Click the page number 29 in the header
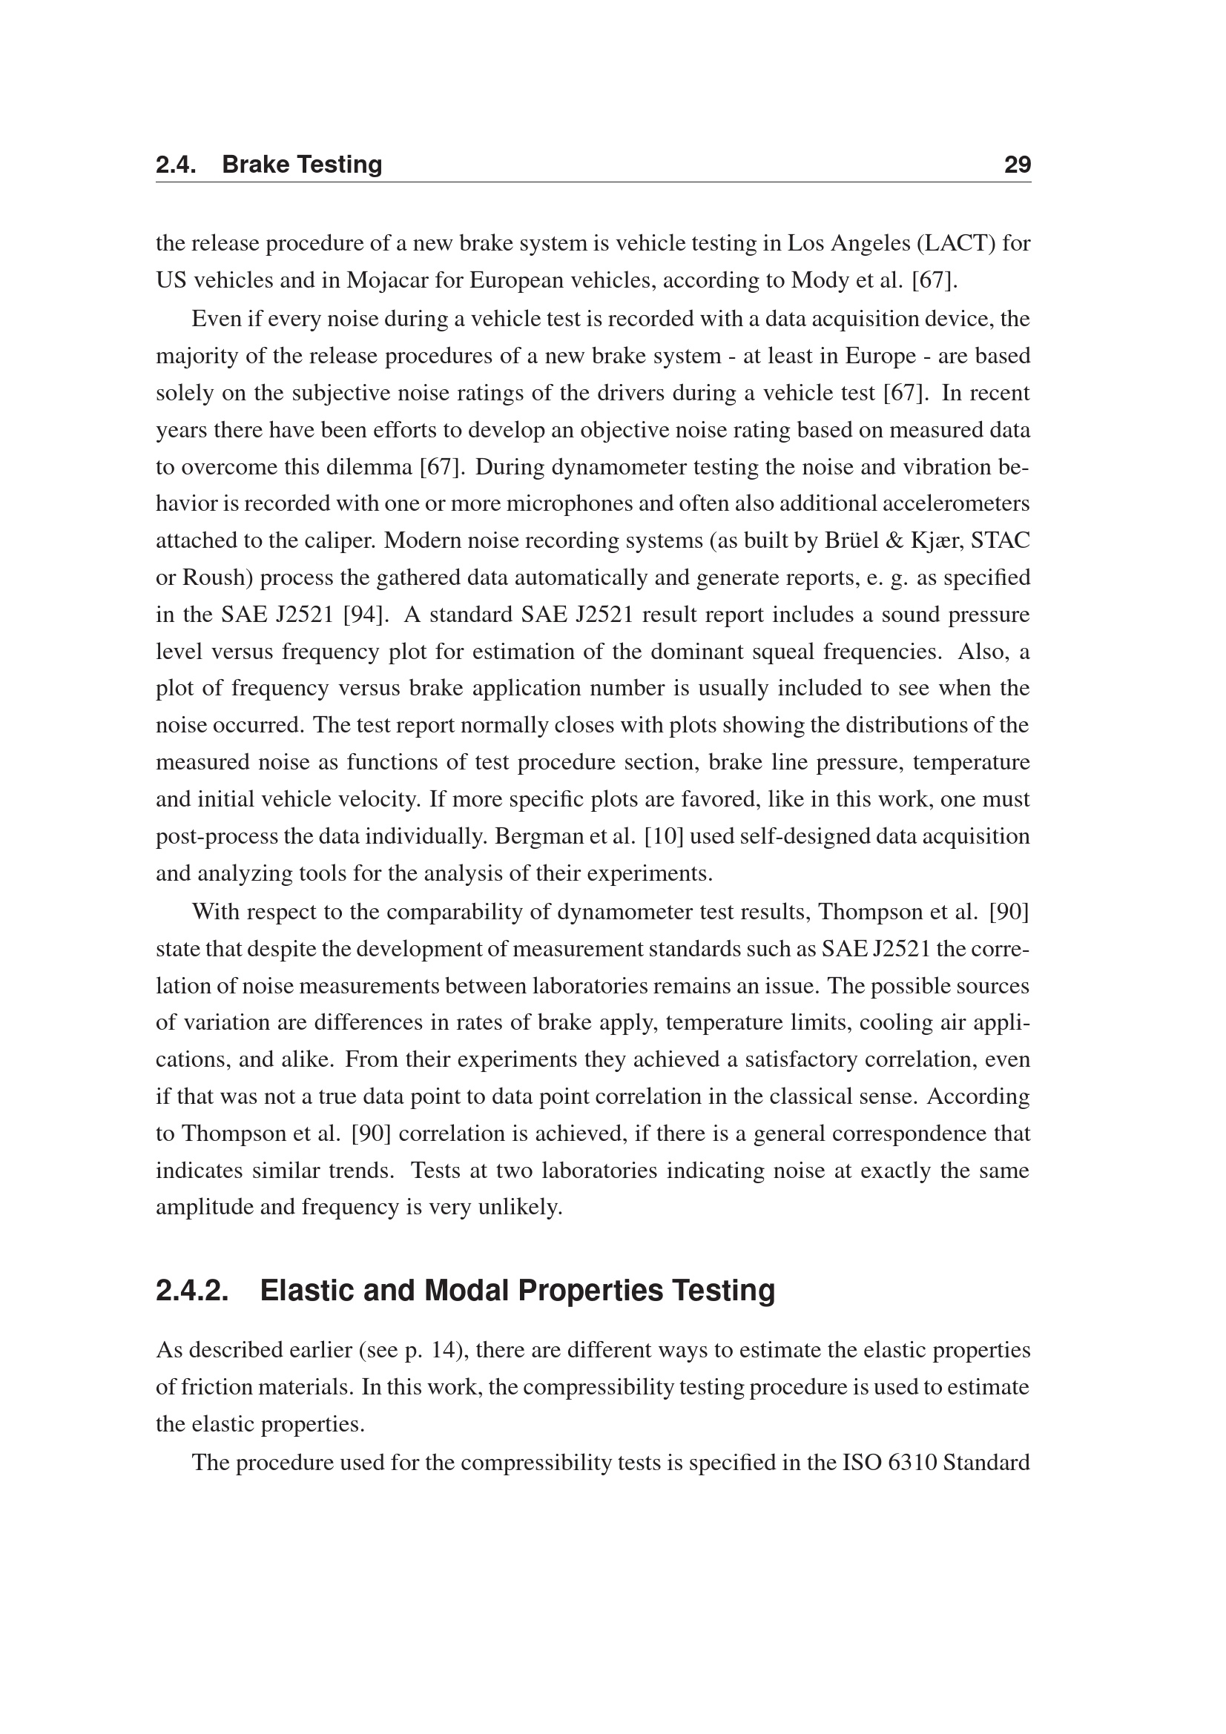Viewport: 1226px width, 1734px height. tap(1017, 165)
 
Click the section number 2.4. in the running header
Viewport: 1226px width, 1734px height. tap(176, 165)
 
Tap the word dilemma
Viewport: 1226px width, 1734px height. tap(369, 467)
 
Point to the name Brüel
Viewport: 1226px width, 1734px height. tap(850, 540)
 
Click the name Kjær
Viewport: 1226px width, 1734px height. tap(938, 540)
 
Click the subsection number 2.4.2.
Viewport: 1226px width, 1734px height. tap(193, 1291)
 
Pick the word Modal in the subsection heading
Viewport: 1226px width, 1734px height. tap(466, 1291)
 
